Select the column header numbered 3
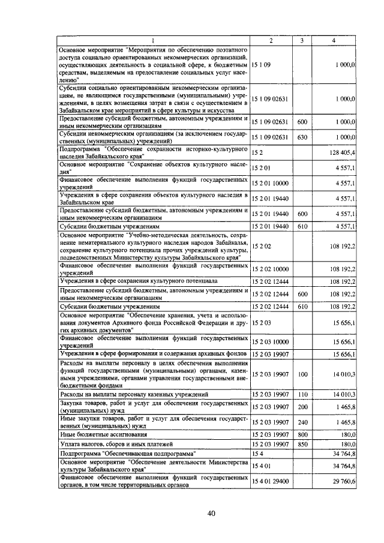(x=302, y=40)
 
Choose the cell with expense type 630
(x=302, y=138)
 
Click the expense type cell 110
(x=302, y=394)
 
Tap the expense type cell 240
(x=302, y=422)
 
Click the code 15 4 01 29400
(x=271, y=480)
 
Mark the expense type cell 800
(x=302, y=433)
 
